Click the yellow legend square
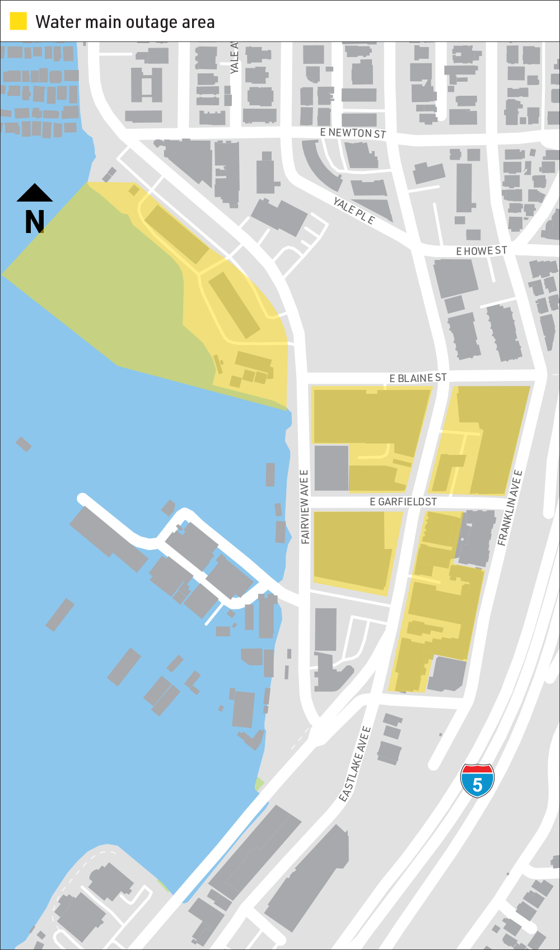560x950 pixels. (x=18, y=21)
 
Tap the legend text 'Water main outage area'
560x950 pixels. (x=125, y=22)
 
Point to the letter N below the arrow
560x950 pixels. (x=35, y=222)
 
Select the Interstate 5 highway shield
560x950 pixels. (x=477, y=780)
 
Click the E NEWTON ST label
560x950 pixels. (x=353, y=133)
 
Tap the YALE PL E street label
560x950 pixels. (x=354, y=211)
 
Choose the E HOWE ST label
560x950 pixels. (x=482, y=250)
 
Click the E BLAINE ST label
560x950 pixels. (x=418, y=378)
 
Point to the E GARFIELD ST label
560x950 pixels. (x=403, y=502)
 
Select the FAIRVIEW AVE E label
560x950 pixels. (x=305, y=506)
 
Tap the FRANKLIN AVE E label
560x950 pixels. (x=510, y=507)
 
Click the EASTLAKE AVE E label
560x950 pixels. (x=355, y=763)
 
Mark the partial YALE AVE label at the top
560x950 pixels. (x=235, y=58)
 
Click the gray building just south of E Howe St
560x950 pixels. (x=455, y=278)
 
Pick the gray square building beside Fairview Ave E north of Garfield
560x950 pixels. (x=331, y=468)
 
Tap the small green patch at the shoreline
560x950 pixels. (x=258, y=784)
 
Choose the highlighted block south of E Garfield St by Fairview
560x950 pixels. (x=353, y=552)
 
